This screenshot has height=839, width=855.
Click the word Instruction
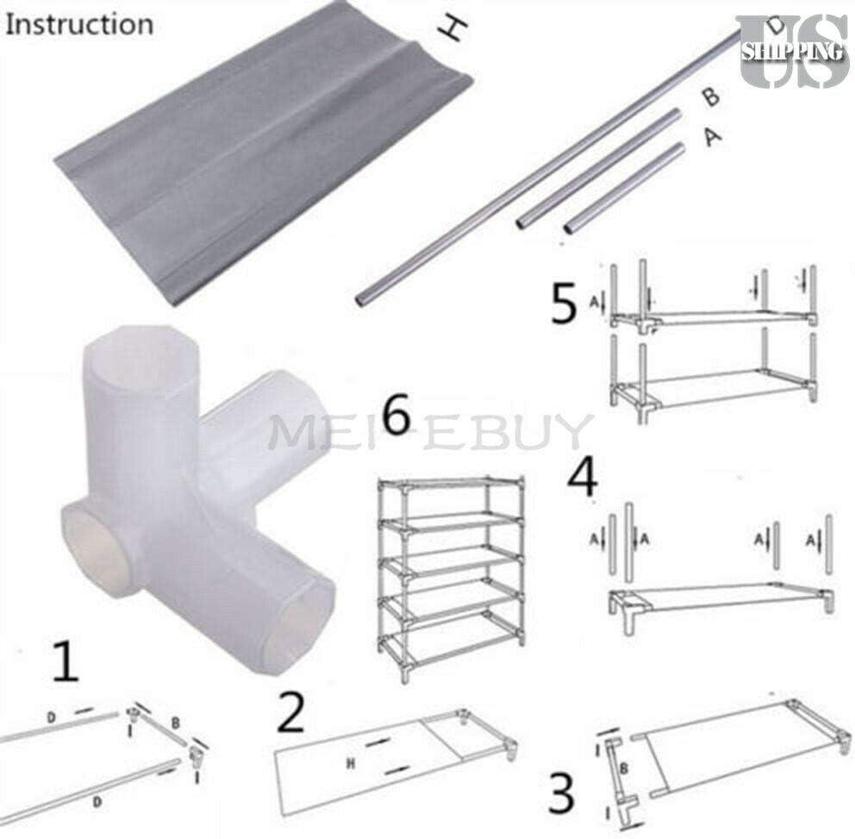pos(79,23)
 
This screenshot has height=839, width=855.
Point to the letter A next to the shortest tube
pos(711,135)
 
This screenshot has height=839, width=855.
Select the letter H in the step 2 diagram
pos(351,761)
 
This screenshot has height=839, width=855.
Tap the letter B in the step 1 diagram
pos(175,721)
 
